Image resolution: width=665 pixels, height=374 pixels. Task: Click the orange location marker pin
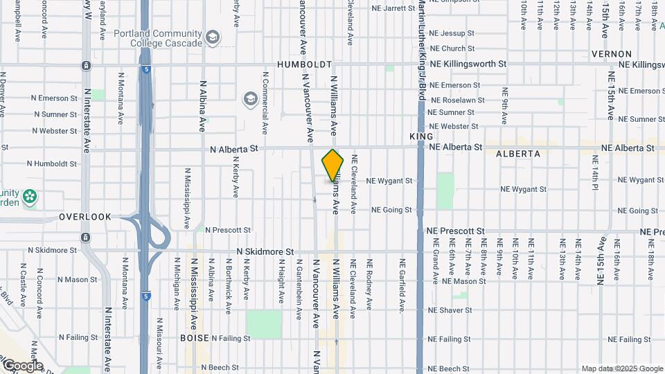[x=333, y=166]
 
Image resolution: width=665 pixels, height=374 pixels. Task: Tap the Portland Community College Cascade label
[x=167, y=38]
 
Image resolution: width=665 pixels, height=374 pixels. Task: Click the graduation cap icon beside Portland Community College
[x=213, y=37]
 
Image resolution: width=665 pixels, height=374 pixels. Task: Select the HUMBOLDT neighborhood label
[x=305, y=64]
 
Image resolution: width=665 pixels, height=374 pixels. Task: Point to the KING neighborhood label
[x=421, y=137]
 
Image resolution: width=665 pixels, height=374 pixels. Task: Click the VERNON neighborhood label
[x=611, y=54]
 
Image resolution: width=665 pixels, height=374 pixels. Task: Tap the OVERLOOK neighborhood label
[x=85, y=217]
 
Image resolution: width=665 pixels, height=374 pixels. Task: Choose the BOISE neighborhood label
[x=194, y=338]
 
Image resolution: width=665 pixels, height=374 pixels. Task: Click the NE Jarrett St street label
[x=393, y=9]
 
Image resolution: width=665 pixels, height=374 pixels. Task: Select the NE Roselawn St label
[x=456, y=100]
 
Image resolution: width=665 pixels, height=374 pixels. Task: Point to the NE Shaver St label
[x=451, y=310]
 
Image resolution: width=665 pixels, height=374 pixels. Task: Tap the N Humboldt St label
[x=53, y=164]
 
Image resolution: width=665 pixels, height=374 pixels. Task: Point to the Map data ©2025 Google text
[x=622, y=368]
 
